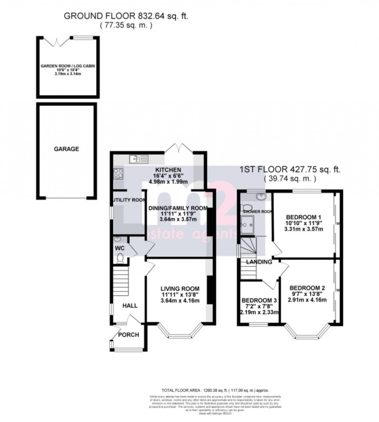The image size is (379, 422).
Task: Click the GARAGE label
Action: (67, 149)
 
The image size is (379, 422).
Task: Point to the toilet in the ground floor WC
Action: (120, 258)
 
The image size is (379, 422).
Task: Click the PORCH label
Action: (128, 335)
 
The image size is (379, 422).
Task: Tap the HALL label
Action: (130, 306)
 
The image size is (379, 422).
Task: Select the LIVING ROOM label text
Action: (180, 289)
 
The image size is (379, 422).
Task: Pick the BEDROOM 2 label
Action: (307, 288)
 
